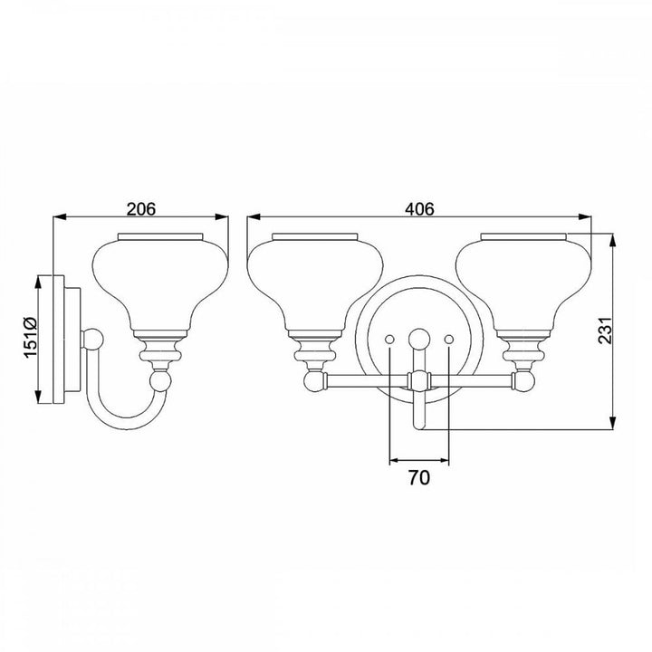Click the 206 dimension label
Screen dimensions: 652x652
141,209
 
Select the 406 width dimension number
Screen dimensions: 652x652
419,209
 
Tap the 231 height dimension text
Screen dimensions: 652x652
606,331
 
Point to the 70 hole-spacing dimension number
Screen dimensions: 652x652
419,478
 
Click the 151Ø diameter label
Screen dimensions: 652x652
31,337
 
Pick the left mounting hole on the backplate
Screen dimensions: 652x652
389,340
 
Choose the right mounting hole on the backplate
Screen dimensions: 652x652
449,340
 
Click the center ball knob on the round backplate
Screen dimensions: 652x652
419,339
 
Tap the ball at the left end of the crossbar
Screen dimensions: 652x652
313,381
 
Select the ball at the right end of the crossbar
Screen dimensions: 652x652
524,381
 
